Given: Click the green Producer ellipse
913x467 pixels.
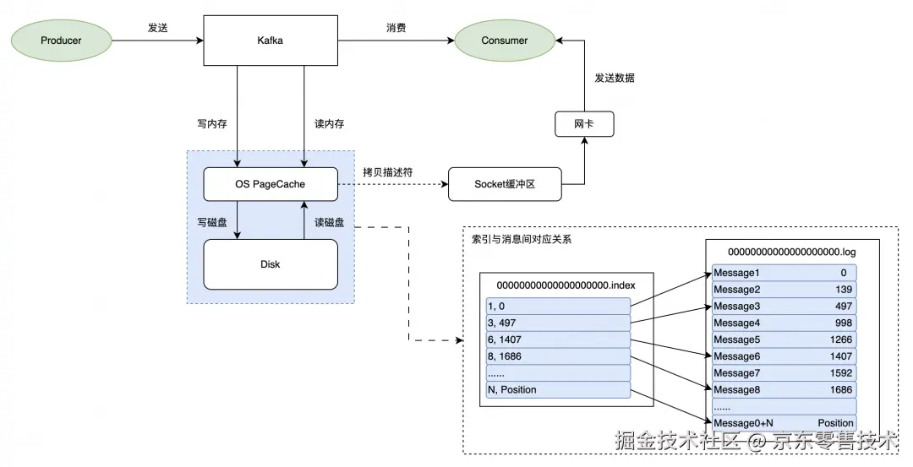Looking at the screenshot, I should coord(61,40).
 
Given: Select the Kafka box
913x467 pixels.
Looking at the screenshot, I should coord(270,40).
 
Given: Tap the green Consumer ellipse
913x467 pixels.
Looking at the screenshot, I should coord(505,40).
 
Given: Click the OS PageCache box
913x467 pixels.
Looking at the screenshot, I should coord(271,184).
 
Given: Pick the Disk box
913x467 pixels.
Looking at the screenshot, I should coord(271,264).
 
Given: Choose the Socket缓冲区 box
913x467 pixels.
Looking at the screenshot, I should coord(505,184).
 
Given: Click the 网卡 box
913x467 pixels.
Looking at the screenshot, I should coord(583,124).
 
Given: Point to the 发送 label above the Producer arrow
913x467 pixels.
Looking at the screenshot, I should coord(158,28).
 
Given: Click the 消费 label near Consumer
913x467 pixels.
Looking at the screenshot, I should coord(396,28).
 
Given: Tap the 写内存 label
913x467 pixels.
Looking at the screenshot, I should coord(211,123).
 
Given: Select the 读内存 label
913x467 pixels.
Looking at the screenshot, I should coord(330,123).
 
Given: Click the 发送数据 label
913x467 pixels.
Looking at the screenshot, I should coord(615,78).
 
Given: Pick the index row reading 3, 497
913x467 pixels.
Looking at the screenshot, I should coord(558,323).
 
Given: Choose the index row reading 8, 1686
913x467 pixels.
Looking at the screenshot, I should coord(558,356).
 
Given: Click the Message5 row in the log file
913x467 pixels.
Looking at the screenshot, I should coord(784,339).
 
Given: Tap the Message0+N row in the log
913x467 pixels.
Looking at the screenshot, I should coord(784,423).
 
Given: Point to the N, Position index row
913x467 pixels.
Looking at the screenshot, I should coord(558,389).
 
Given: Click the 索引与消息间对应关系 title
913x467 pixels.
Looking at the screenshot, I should coord(522,240).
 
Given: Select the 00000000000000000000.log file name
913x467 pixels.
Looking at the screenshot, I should coord(792,252).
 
